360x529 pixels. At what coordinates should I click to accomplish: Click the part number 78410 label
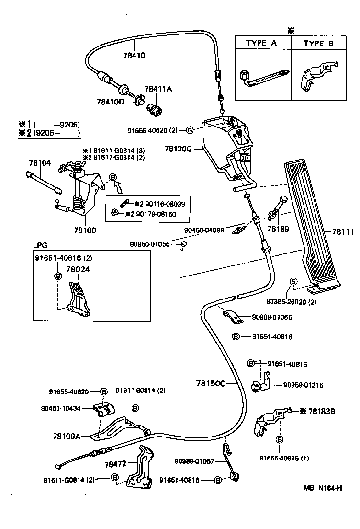[134, 55]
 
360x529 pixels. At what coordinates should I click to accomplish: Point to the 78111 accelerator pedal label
[343, 232]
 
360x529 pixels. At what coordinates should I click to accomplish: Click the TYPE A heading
[261, 43]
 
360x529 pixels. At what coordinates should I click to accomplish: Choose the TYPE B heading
[320, 43]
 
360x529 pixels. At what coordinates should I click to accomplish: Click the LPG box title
[40, 244]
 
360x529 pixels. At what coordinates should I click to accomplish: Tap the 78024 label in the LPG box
[78, 269]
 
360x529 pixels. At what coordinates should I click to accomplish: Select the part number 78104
[39, 163]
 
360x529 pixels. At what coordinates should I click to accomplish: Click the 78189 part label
[278, 230]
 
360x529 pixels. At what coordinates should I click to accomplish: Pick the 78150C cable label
[210, 383]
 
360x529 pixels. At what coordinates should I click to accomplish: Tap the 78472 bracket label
[115, 464]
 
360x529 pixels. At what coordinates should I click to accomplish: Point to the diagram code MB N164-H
[322, 489]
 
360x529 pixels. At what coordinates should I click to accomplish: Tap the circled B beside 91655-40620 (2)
[190, 130]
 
